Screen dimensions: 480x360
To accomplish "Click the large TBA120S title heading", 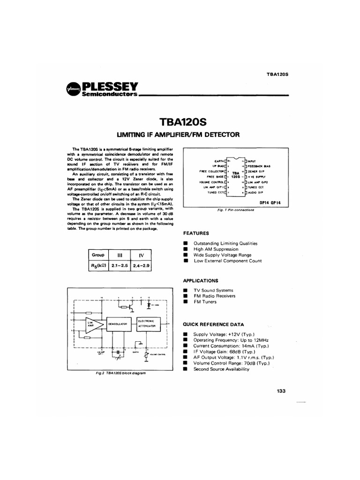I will (180, 122).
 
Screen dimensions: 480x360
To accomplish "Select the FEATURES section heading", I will (195, 233).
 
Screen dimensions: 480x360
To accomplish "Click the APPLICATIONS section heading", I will (200, 280).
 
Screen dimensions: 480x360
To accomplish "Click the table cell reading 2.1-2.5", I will (119, 265).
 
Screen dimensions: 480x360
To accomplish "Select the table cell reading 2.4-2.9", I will (141, 265).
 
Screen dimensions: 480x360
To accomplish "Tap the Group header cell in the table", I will (98, 255).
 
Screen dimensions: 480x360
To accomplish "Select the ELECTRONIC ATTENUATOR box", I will (148, 322).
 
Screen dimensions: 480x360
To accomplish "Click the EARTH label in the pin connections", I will (219, 161).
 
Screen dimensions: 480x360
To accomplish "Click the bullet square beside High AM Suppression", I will (186, 249).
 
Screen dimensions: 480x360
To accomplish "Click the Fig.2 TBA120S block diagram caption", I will (118, 373).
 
